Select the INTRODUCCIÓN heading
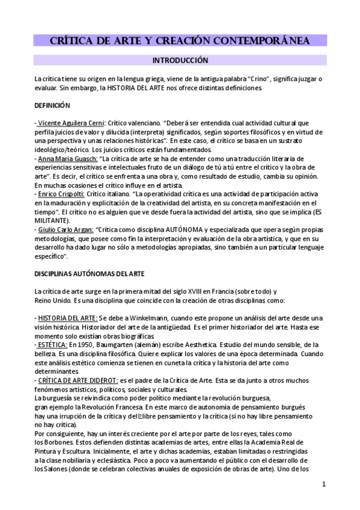180,61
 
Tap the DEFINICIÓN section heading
52,105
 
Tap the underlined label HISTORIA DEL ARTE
67,318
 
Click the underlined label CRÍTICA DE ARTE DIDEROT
78,380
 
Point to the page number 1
323,485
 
